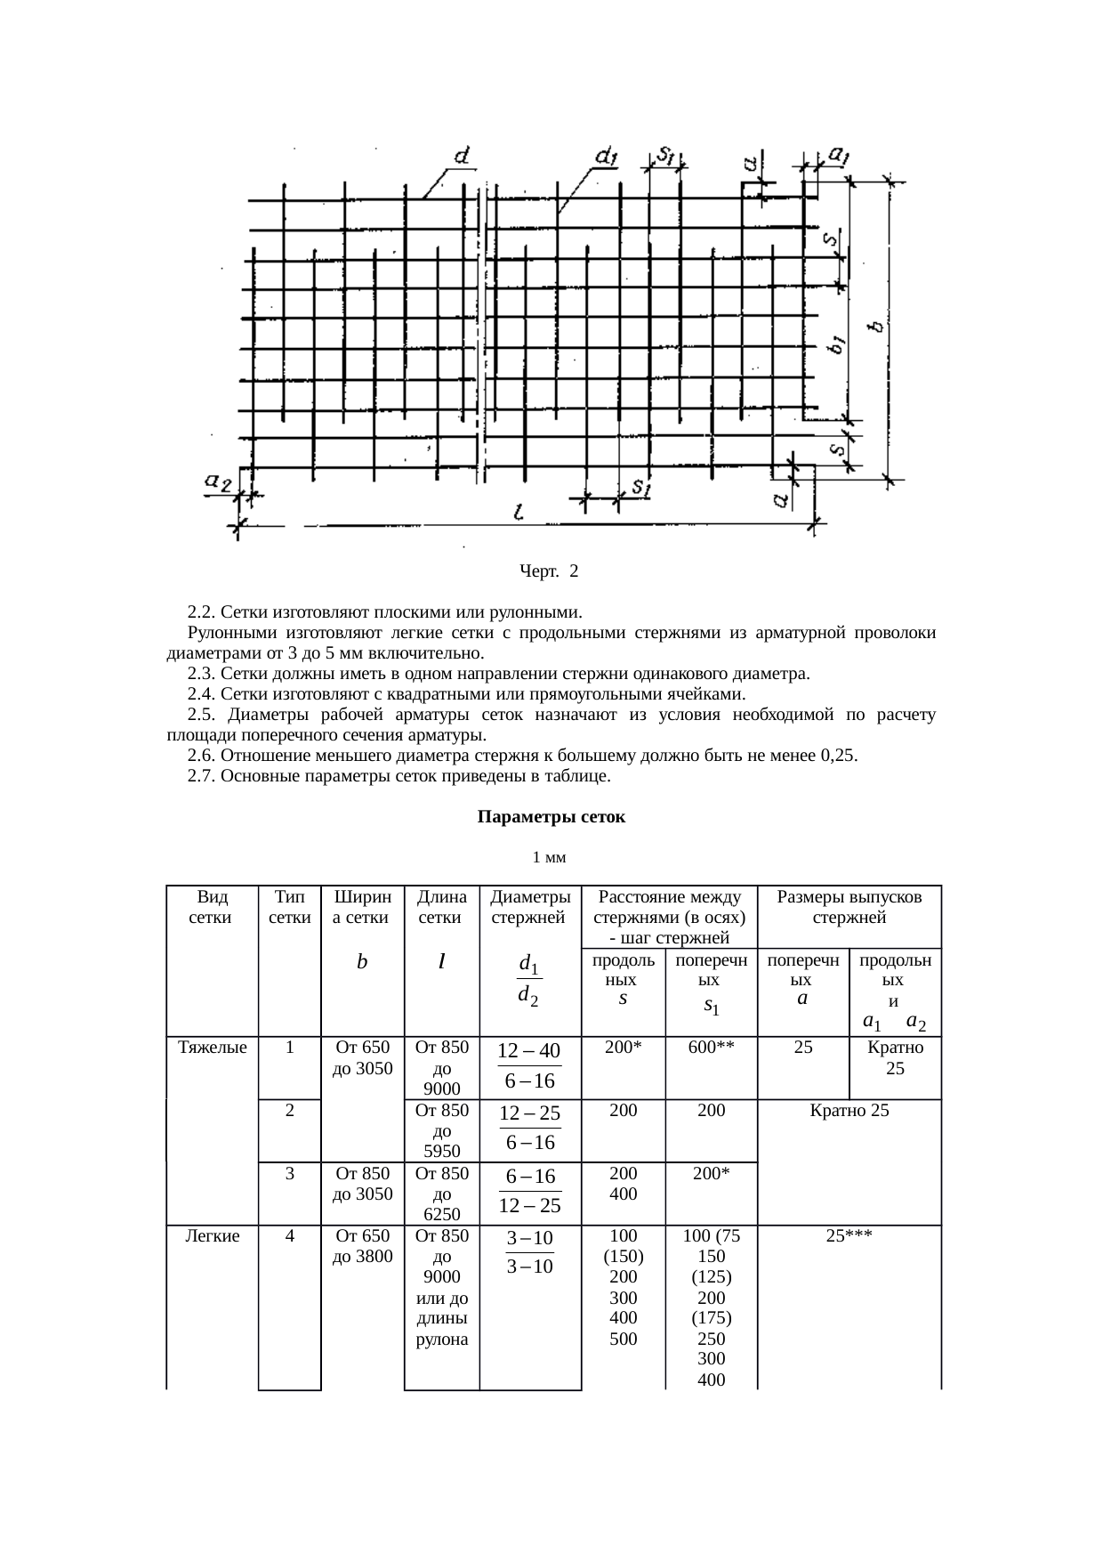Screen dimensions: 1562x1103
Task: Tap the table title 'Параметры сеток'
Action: [551, 816]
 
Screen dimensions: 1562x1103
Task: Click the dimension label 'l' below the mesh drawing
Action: [519, 513]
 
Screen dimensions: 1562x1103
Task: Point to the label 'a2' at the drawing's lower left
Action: [218, 482]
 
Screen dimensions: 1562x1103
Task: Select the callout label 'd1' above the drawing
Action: [606, 158]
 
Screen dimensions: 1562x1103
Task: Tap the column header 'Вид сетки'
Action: [211, 906]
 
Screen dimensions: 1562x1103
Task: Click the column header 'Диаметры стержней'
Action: [530, 906]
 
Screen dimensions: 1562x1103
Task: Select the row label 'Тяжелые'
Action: [213, 1048]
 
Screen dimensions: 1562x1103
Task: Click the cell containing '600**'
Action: [711, 1048]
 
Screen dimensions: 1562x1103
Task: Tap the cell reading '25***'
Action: [849, 1236]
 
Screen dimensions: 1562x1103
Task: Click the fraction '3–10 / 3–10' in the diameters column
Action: [529, 1251]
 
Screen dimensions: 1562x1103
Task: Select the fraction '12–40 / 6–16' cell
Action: [529, 1066]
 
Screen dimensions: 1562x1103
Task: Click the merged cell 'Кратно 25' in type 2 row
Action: [849, 1111]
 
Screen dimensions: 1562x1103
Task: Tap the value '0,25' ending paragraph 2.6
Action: [839, 756]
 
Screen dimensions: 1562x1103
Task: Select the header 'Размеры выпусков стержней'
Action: [849, 906]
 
